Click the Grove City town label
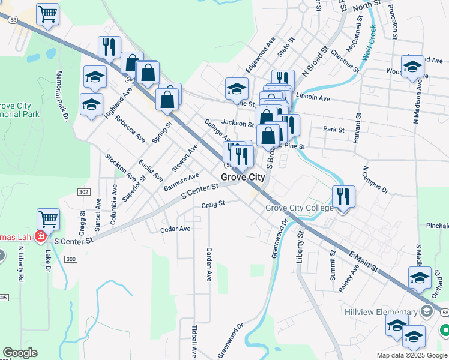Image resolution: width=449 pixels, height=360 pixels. coord(243,178)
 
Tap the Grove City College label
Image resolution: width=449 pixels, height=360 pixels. coord(300,208)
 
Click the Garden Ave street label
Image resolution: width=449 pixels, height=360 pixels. coord(209,265)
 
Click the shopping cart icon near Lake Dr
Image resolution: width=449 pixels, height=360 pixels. coord(48,219)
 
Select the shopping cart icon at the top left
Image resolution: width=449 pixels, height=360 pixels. coord(47,14)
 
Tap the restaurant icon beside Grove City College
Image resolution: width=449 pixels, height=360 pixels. coord(343,196)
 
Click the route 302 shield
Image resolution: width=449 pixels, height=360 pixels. coord(83,191)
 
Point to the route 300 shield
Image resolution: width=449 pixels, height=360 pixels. coord(71,259)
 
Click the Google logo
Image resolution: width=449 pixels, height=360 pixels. coord(20,353)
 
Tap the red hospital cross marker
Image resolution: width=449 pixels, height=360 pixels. coord(40,236)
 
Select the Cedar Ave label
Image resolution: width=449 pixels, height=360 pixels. coord(175,229)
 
